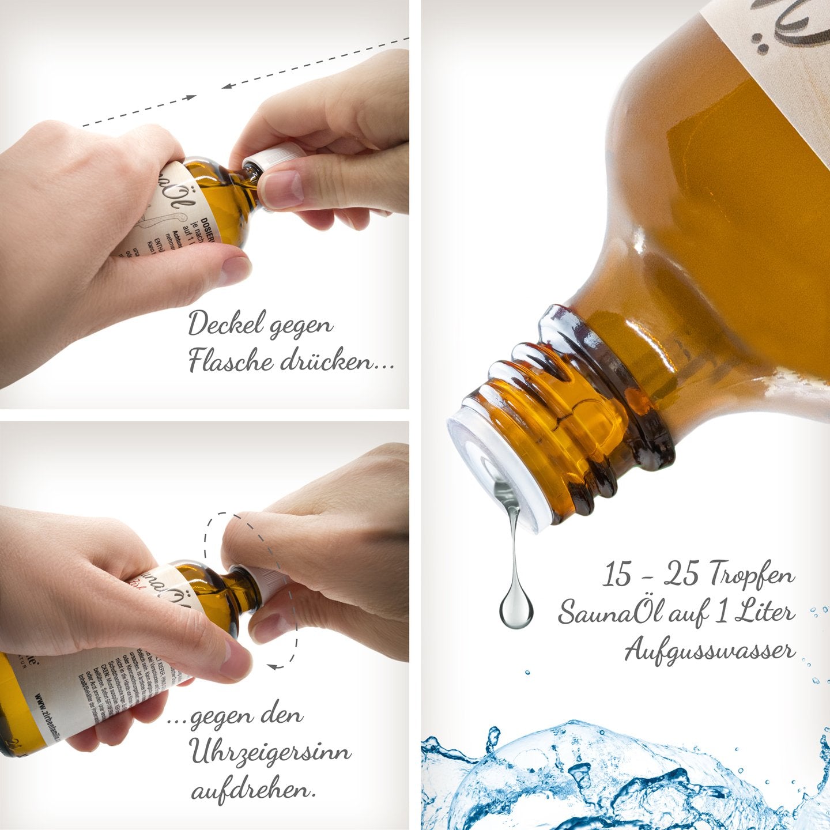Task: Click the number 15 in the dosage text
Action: coord(617,575)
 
